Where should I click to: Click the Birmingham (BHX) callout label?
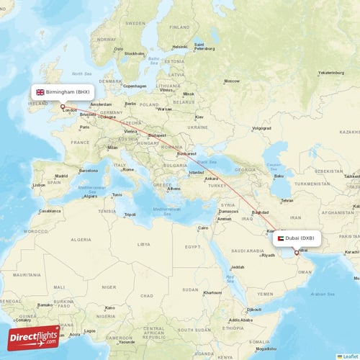click(x=63, y=92)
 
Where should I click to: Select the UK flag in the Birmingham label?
click(x=40, y=92)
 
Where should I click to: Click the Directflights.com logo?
click(x=34, y=336)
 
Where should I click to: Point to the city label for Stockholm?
click(x=133, y=53)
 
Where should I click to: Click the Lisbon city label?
click(x=38, y=184)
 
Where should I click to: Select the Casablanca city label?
click(x=50, y=211)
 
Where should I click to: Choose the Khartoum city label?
click(x=212, y=293)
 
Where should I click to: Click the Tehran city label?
click(x=286, y=201)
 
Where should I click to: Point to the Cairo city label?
click(x=203, y=228)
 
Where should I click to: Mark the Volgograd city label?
click(x=261, y=128)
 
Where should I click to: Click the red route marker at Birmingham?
click(x=63, y=107)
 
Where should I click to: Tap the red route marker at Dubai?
click(x=296, y=252)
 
